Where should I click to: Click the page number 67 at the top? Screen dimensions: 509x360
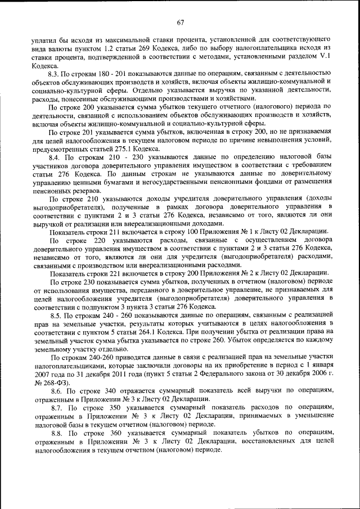(x=180, y=23)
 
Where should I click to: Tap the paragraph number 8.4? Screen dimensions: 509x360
(x=55, y=157)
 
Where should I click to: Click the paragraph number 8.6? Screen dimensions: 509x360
(x=57, y=390)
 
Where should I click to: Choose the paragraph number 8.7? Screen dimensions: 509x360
(x=57, y=406)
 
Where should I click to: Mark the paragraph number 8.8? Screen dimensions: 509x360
(x=57, y=433)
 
